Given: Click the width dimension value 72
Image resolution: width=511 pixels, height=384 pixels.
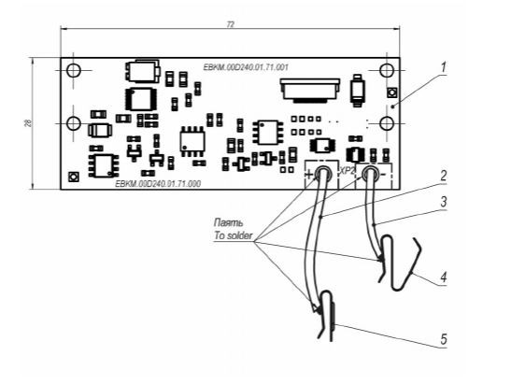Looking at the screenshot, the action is (x=231, y=25).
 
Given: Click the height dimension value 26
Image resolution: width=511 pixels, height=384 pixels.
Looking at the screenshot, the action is (x=29, y=123).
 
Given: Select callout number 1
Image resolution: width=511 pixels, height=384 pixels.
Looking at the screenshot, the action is (x=443, y=67).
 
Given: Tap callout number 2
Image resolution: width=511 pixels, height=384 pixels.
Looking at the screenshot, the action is (x=443, y=176).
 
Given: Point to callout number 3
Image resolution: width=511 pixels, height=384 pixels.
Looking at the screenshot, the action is (x=443, y=202).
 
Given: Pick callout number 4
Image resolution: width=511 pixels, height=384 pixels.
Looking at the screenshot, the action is (x=443, y=277).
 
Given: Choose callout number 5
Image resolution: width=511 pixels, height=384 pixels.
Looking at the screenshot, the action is (x=443, y=340).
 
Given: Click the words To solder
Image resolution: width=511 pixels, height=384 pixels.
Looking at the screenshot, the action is (x=233, y=235).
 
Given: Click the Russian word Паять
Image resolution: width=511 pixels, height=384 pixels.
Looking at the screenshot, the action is (x=228, y=222).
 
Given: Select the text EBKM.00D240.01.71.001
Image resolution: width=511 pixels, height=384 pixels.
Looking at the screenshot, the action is (x=246, y=67).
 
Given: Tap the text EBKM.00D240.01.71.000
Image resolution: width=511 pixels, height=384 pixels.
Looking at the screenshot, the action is (x=158, y=184).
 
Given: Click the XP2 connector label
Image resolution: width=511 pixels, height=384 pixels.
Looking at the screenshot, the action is (x=347, y=171).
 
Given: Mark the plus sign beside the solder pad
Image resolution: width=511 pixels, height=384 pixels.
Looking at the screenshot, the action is (x=309, y=175).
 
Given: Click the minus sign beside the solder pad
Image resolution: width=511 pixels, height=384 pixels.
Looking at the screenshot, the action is (x=384, y=175).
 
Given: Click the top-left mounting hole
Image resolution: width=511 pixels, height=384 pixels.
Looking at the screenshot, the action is (x=73, y=70).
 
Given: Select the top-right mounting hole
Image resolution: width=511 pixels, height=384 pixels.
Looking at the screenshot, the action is (x=387, y=70).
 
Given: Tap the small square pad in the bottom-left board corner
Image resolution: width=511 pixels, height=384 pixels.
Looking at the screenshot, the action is (x=73, y=177).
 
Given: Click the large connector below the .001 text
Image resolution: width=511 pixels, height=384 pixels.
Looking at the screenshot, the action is (x=309, y=91).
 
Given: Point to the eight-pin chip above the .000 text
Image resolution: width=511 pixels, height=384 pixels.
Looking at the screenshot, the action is (x=104, y=165).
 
